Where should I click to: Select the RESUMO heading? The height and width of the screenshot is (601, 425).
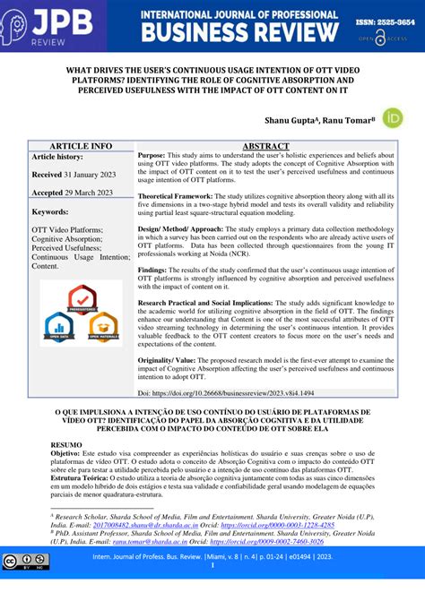point(66,443)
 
